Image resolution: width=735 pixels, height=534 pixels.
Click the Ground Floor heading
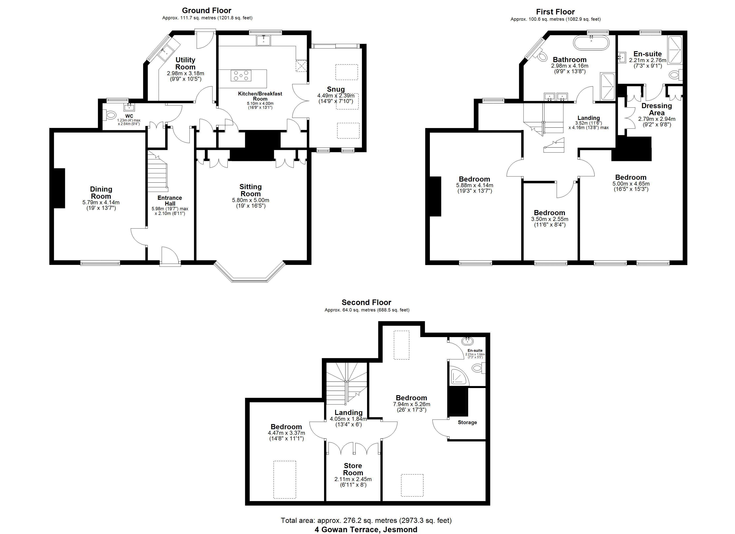206,10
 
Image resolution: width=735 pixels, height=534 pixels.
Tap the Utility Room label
185,63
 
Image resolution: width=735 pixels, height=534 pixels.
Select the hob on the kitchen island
241,76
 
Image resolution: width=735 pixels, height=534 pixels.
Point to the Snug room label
336,89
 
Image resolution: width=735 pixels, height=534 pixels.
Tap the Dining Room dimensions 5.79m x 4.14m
101,202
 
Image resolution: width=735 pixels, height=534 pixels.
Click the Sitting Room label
251,190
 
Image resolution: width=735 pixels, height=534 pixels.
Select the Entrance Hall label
170,200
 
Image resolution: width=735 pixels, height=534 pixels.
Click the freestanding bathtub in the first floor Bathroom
591,43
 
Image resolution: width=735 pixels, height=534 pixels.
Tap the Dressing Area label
657,109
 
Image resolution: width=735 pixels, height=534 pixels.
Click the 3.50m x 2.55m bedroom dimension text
550,219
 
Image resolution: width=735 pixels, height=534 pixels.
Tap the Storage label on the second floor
467,422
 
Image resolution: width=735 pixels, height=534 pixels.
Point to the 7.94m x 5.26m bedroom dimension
412,404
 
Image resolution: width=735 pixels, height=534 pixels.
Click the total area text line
366,520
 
